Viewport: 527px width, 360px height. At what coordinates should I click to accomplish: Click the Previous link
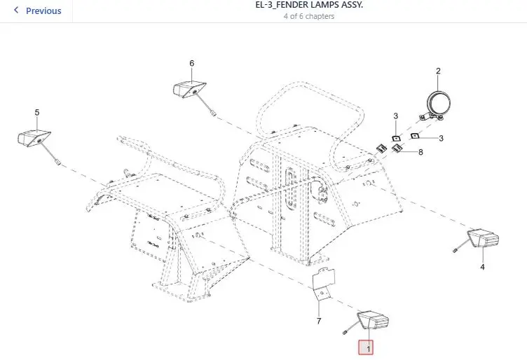point(43,11)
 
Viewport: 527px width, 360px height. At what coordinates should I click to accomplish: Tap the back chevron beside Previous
point(16,11)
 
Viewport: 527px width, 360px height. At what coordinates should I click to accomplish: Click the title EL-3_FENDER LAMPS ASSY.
point(309,5)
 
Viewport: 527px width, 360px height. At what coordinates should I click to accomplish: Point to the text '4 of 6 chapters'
point(309,16)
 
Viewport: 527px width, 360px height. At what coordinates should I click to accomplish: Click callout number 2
point(438,71)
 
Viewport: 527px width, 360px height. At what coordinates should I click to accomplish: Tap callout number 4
point(482,267)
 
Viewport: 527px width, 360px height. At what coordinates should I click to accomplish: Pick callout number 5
point(37,113)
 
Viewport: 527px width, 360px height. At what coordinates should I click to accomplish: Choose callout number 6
point(191,63)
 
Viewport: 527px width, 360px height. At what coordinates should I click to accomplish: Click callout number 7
point(319,321)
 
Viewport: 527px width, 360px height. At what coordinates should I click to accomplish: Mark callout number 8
point(420,152)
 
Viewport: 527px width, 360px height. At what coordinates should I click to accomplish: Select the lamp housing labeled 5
point(34,139)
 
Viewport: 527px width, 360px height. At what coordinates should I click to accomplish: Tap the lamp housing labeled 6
point(189,90)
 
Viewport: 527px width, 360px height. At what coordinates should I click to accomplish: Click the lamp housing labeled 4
point(483,238)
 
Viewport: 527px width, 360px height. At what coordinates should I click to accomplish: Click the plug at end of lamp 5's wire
point(57,162)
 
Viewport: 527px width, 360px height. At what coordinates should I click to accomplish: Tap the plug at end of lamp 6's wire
point(212,113)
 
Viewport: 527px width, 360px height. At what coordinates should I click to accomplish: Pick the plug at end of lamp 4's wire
point(456,250)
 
